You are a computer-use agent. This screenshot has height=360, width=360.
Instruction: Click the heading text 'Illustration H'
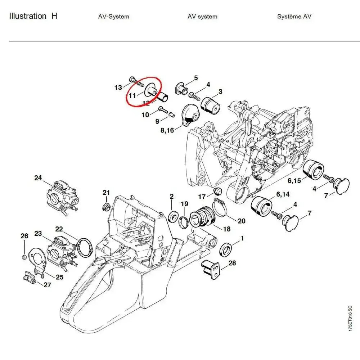[33, 16]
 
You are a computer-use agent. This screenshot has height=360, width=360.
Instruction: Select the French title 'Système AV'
[294, 17]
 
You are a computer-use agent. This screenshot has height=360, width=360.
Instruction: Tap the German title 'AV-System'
[113, 17]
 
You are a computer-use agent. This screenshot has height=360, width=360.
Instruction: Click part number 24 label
[38, 178]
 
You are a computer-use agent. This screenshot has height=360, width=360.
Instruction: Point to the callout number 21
[106, 193]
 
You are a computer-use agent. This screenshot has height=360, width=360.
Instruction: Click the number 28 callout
[232, 263]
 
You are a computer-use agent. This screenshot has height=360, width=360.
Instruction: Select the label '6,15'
[293, 181]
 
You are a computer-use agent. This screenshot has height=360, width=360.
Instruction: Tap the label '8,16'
[167, 130]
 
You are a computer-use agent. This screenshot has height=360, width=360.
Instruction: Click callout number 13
[118, 87]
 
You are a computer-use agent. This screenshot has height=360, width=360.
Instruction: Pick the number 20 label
[241, 221]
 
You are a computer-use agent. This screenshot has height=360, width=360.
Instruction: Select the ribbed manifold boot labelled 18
[201, 216]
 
